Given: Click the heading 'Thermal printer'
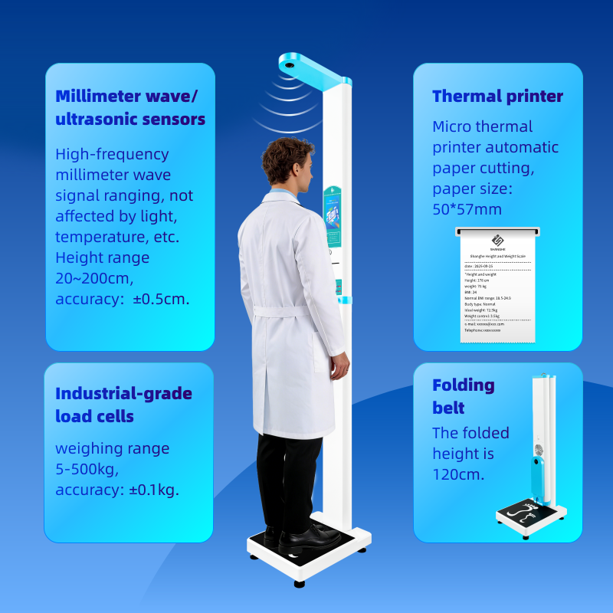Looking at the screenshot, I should coord(497,97).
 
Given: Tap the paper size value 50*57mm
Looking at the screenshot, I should coord(467,209).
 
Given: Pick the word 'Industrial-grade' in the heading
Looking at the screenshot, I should coord(123,394).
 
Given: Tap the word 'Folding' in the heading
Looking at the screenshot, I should coord(463,385).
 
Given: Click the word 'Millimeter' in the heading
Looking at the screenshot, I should coord(98,97).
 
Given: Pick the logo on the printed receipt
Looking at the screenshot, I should coord(496,240).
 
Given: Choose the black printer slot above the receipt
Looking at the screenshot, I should coord(497,229).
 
